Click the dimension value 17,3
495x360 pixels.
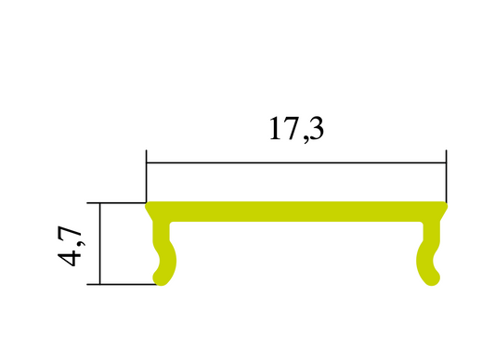296,129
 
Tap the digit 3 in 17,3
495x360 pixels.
315,129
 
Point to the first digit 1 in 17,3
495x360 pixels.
276,129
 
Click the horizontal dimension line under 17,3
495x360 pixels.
296,163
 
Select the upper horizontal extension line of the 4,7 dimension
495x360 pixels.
116,202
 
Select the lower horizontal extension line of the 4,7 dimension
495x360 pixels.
121,284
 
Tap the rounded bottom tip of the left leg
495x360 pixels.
161,278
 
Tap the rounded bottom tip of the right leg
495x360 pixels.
432,278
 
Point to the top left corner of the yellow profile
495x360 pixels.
148,205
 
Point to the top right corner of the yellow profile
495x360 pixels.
446,205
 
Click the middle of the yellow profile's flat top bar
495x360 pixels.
296,212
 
